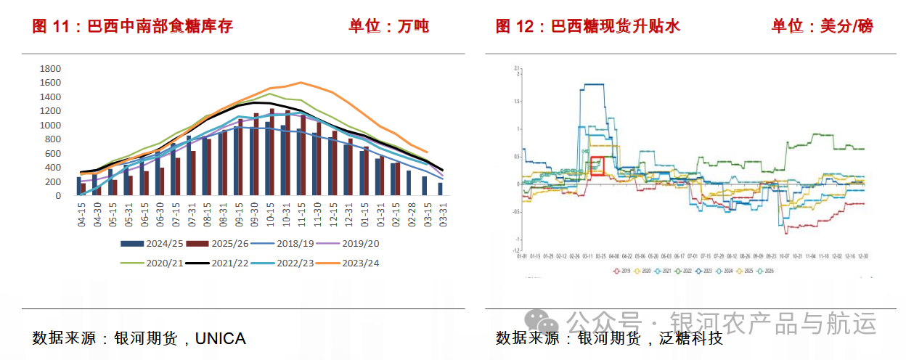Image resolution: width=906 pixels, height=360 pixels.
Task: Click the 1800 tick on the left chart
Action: coord(49,68)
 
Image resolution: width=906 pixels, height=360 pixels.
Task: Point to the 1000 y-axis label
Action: coord(49,125)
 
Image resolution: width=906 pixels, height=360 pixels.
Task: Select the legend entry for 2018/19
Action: coord(292,243)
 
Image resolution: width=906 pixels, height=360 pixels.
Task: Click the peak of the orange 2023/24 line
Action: coord(301,82)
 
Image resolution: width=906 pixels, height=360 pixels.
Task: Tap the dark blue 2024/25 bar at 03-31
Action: coord(440,189)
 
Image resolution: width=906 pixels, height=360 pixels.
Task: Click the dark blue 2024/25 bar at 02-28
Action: coord(408,183)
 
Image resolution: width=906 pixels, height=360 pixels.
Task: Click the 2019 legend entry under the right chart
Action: coord(622,271)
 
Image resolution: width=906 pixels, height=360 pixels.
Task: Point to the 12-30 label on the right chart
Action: coord(863,256)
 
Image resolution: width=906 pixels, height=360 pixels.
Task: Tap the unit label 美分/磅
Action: coord(846,27)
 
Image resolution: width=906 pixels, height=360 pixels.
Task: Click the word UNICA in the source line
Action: coord(221,338)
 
